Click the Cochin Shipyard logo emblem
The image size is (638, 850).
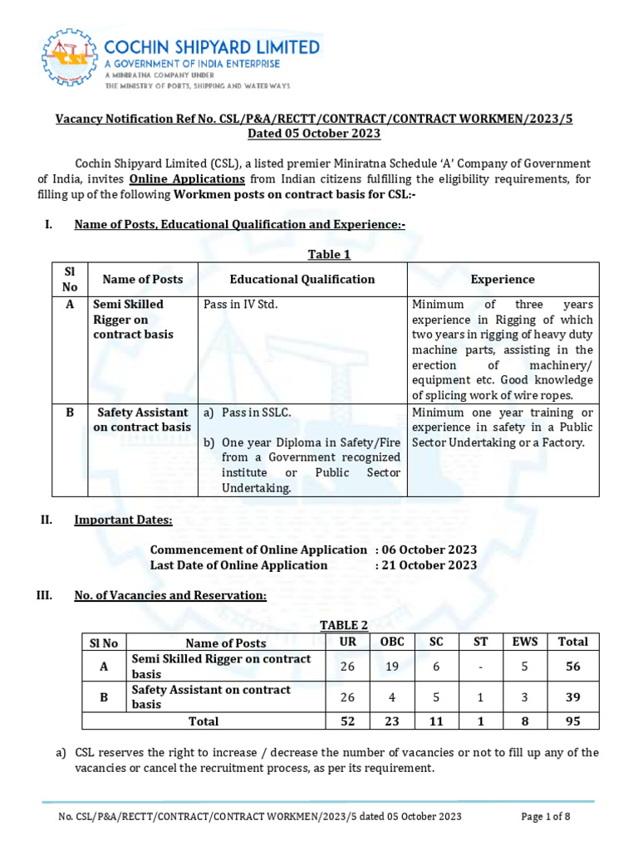[x=69, y=59]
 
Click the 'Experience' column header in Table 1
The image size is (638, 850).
[x=503, y=280]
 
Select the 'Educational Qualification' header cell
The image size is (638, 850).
[x=302, y=280]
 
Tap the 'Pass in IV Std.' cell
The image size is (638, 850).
[x=241, y=305]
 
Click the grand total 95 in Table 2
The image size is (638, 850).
[x=572, y=721]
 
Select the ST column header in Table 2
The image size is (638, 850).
[x=481, y=642]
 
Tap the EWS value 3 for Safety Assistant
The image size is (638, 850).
[x=525, y=697]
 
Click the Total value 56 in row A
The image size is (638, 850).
[x=572, y=666]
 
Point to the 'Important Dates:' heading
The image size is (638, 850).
[x=124, y=520]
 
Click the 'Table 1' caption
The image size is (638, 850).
[x=330, y=255]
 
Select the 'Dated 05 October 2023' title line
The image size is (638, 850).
[x=314, y=134]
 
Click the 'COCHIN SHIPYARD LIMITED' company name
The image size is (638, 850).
[x=212, y=46]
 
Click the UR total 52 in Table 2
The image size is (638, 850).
[x=346, y=721]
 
